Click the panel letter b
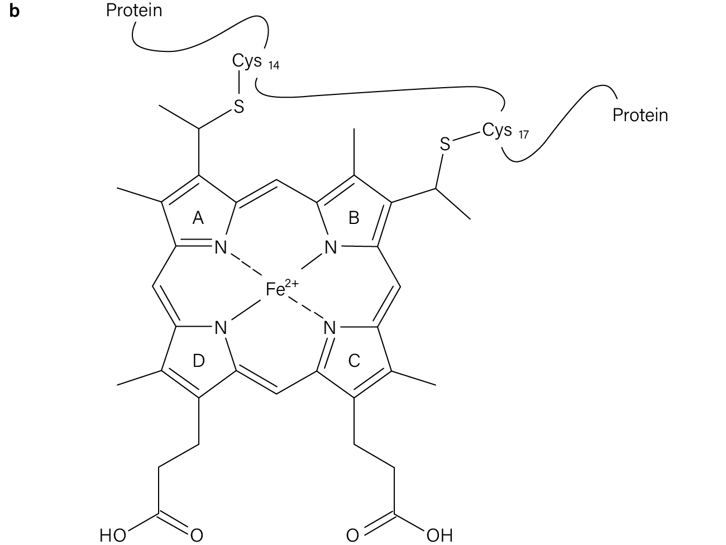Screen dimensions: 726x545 click(14, 11)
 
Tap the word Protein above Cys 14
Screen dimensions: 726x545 click(134, 11)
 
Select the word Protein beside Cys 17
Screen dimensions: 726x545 click(641, 115)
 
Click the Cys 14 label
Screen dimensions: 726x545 click(255, 62)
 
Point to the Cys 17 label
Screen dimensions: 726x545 click(505, 131)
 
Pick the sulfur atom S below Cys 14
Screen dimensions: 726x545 click(239, 107)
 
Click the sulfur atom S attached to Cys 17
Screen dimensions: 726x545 click(445, 144)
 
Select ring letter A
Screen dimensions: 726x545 click(198, 218)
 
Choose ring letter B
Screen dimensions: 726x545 click(354, 218)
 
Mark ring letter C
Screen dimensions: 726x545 click(354, 361)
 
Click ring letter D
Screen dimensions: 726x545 click(198, 361)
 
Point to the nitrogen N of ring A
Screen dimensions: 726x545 click(221, 247)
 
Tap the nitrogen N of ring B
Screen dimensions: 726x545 click(331, 247)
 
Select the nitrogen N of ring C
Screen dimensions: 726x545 click(329, 328)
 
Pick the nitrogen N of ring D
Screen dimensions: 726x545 click(221, 328)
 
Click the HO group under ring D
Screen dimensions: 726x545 click(113, 535)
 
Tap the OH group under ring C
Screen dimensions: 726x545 click(440, 535)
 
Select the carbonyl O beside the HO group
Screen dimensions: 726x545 click(197, 535)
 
